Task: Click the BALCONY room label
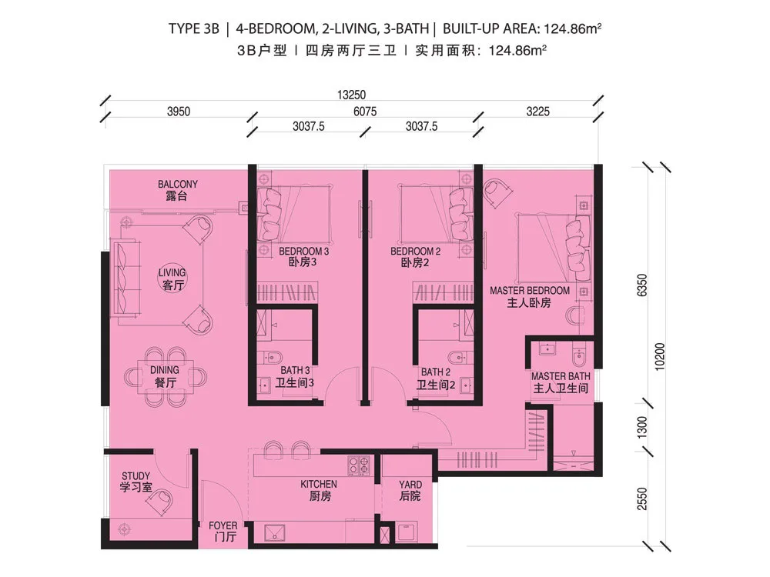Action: pos(177,185)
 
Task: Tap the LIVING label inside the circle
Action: pos(172,273)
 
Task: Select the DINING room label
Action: pos(165,371)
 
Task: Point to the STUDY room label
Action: pos(136,476)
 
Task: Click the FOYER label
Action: pos(223,526)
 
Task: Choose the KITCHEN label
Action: pos(319,484)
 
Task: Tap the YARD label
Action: pos(410,485)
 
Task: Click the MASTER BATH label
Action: pos(561,376)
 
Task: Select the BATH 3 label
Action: pos(295,371)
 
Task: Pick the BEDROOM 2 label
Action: pos(416,252)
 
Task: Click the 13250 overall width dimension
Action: pos(352,95)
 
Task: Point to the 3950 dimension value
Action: pos(179,112)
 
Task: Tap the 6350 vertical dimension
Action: pos(642,285)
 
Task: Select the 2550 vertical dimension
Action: pos(642,499)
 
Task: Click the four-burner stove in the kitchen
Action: pos(359,465)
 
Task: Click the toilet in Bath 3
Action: pos(272,357)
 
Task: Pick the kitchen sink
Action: pos(275,533)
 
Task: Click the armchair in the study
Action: pos(161,502)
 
